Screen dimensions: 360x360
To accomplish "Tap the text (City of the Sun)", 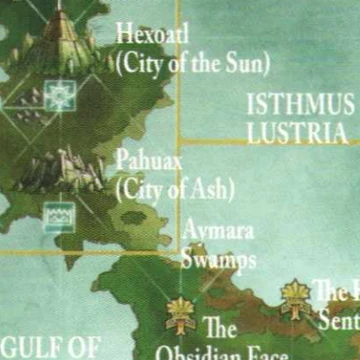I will [x=193, y=65].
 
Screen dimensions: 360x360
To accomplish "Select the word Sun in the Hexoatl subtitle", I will [x=244, y=65].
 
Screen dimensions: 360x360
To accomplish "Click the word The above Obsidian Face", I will [x=220, y=328].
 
